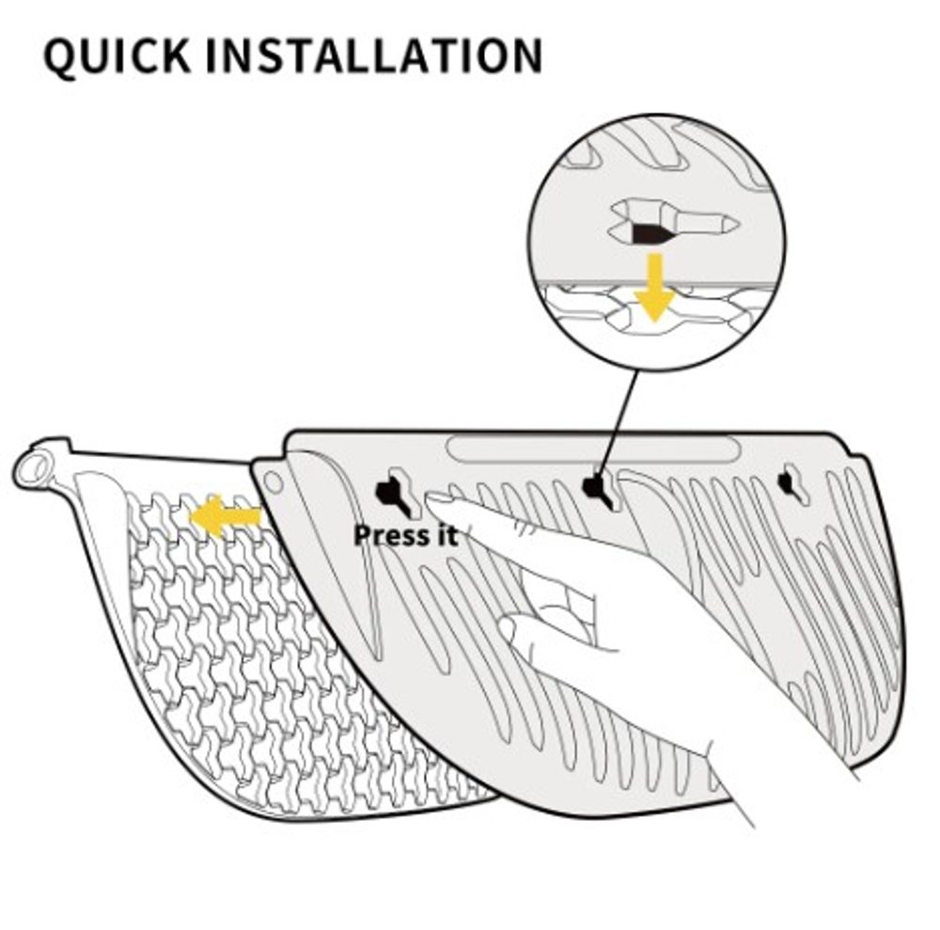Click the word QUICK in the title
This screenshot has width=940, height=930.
pos(117,55)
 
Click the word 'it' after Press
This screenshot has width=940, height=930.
pos(444,535)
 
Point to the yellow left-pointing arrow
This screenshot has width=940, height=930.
pos(226,516)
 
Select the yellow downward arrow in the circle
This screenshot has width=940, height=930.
pos(655,287)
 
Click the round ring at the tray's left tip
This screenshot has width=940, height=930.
pos(35,467)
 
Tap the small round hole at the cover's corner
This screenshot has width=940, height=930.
pos(273,481)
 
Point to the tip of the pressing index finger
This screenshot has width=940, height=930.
pos(431,499)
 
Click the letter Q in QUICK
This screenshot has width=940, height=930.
pos(62,57)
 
